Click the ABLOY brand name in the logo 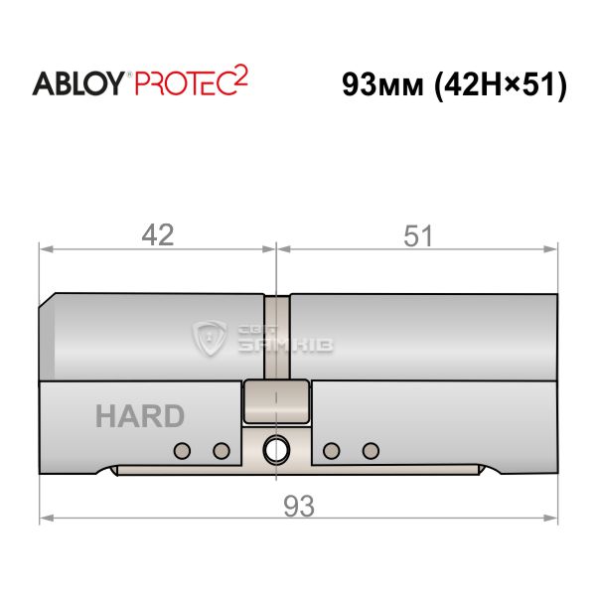pyautogui.click(x=78, y=83)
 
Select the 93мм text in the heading pyautogui.click(x=382, y=84)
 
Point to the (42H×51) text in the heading pyautogui.click(x=500, y=85)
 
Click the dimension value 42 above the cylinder pyautogui.click(x=158, y=235)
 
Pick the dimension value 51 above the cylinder pyautogui.click(x=417, y=236)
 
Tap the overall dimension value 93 pyautogui.click(x=299, y=506)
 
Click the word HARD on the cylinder pyautogui.click(x=140, y=416)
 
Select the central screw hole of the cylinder pyautogui.click(x=276, y=450)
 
